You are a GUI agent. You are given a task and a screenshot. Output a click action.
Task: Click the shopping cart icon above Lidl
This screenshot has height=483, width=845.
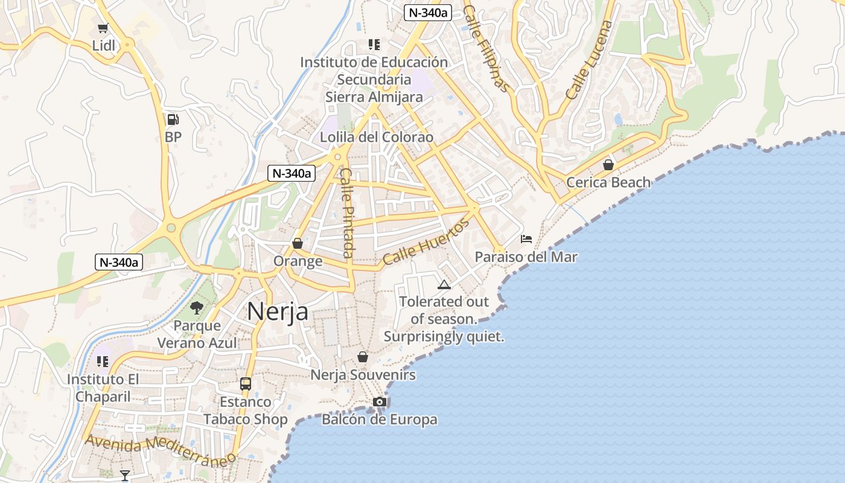tap(103, 28)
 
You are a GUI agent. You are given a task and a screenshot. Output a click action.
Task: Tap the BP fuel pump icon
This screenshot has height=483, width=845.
tap(173, 120)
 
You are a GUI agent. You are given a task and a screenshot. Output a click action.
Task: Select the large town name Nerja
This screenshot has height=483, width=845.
tap(278, 312)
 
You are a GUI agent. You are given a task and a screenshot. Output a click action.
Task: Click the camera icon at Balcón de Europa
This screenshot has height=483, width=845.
tap(379, 401)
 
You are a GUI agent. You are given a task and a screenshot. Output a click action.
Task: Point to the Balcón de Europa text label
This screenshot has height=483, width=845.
tap(379, 419)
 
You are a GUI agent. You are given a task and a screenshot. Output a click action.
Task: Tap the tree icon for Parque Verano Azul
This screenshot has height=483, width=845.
tap(196, 308)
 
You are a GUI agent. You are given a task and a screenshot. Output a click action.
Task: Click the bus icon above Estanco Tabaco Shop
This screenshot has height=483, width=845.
tap(245, 383)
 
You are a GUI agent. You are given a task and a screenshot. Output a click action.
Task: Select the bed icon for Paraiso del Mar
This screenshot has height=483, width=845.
tap(526, 239)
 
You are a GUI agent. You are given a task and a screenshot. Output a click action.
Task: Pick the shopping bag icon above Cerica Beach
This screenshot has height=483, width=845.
tap(608, 164)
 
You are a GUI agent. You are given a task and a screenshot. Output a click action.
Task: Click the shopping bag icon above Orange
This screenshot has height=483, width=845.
tap(297, 243)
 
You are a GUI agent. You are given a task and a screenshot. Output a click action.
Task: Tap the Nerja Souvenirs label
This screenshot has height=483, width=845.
tap(363, 375)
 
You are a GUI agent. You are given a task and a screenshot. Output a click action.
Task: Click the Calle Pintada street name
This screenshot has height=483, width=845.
tap(348, 213)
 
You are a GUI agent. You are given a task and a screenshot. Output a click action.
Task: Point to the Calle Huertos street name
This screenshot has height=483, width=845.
tap(426, 242)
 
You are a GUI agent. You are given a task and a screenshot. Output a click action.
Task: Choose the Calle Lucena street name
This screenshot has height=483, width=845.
tap(589, 60)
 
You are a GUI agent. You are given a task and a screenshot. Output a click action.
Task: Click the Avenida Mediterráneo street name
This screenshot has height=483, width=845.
tap(160, 450)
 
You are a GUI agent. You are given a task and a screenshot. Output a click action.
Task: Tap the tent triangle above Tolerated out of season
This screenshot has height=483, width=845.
tap(444, 284)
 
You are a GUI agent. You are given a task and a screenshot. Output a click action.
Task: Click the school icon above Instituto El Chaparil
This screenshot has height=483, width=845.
tap(103, 362)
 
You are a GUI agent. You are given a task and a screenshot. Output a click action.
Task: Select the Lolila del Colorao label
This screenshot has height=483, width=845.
tap(377, 137)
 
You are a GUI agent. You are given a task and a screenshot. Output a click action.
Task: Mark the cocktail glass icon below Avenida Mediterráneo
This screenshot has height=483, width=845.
tap(125, 476)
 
